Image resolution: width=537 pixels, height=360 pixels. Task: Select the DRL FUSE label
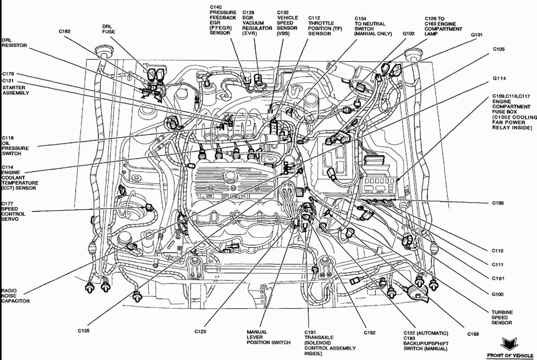(x=109, y=29)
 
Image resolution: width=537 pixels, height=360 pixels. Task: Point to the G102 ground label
(x=409, y=33)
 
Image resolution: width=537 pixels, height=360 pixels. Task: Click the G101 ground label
(x=477, y=34)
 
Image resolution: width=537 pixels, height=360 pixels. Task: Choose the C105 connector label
(x=499, y=49)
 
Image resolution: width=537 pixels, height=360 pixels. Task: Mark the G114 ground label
(x=499, y=78)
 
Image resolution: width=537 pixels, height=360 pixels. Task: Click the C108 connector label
(x=498, y=203)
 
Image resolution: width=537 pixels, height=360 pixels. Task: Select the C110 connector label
(x=498, y=251)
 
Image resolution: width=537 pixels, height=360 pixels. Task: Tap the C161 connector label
(x=498, y=279)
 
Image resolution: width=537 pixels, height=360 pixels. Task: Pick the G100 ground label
(x=497, y=294)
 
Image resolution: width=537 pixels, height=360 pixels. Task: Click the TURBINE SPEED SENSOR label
(x=502, y=317)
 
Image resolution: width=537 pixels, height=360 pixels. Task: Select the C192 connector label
(x=370, y=333)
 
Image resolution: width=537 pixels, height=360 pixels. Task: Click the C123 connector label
(x=200, y=332)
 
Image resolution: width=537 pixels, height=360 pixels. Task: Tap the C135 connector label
(x=83, y=331)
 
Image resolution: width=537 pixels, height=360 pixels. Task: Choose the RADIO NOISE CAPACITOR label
(x=15, y=296)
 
